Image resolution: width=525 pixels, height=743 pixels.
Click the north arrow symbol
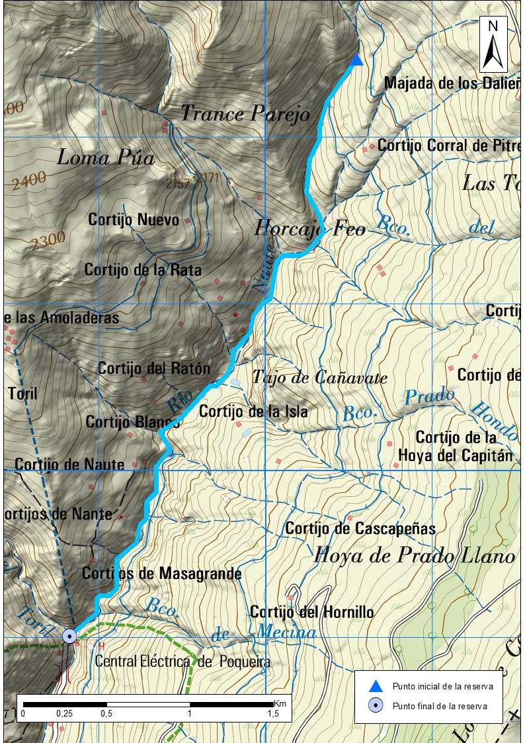(493, 45)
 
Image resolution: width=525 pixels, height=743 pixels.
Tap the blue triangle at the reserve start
(356, 61)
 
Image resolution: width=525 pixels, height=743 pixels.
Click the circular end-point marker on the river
(69, 636)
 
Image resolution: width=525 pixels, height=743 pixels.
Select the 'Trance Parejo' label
(245, 114)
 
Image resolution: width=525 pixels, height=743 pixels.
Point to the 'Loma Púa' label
(106, 157)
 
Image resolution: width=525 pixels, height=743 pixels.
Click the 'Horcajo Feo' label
(309, 229)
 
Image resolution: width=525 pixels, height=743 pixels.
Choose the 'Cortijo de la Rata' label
(143, 270)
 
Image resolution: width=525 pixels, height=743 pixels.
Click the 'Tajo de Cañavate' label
(319, 378)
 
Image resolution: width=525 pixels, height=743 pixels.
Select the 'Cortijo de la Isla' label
(253, 412)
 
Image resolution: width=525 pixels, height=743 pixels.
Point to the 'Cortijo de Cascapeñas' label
(360, 529)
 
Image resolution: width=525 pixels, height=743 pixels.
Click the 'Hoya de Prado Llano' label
(415, 556)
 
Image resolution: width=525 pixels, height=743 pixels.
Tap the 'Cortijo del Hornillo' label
(311, 612)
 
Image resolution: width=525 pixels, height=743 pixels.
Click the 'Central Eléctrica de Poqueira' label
(182, 661)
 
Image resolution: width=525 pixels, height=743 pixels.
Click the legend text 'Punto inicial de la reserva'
(442, 686)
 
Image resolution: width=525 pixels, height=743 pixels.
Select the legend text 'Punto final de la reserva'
(440, 706)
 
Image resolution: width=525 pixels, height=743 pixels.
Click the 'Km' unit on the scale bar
(281, 703)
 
